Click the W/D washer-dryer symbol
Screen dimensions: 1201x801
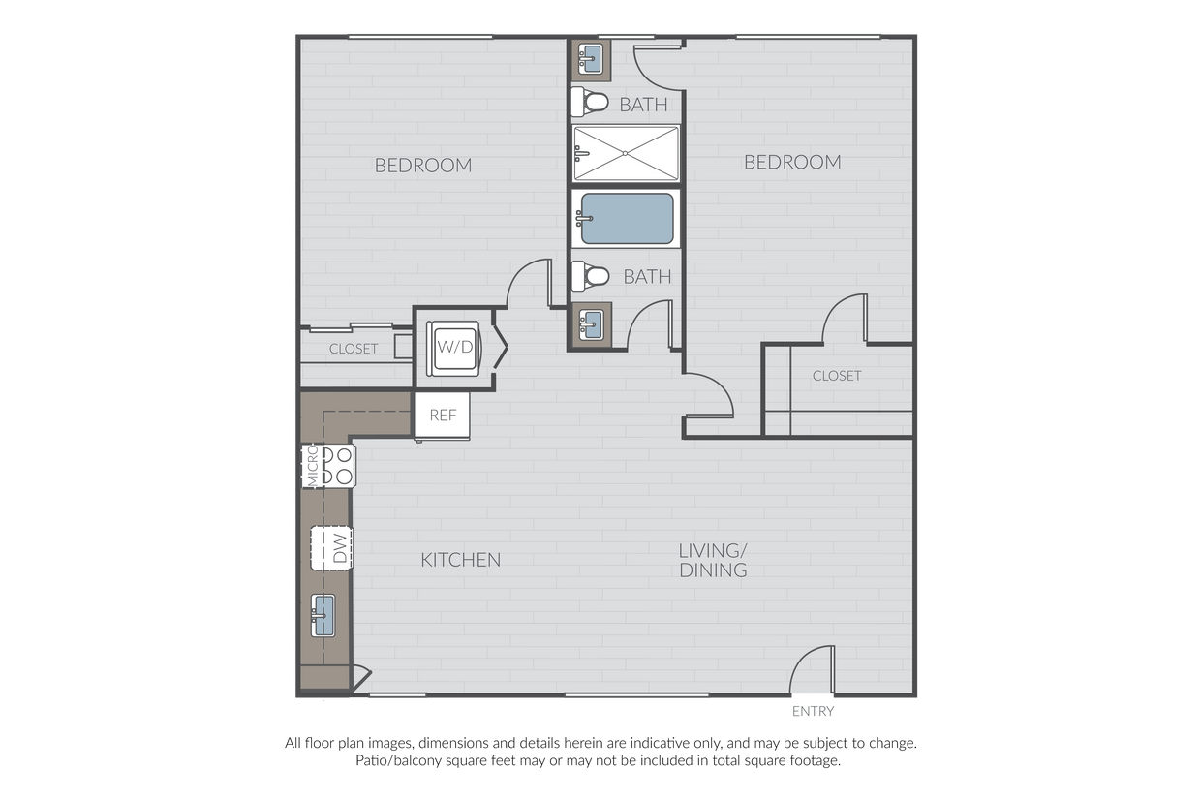click(453, 348)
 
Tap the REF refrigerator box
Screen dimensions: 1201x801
click(442, 416)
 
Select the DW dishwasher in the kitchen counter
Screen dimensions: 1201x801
click(332, 548)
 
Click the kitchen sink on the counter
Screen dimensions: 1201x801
click(323, 615)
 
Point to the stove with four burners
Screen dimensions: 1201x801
click(328, 466)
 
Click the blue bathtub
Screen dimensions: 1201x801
click(627, 219)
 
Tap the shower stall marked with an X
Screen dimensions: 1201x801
click(626, 153)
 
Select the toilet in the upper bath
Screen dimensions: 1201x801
click(590, 102)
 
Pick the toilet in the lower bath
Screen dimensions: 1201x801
click(590, 276)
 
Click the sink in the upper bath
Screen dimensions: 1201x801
click(590, 58)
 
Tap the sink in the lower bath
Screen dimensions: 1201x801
click(591, 324)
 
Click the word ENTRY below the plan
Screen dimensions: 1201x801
click(813, 712)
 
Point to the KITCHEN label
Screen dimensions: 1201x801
click(461, 560)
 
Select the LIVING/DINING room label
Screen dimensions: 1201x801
click(713, 560)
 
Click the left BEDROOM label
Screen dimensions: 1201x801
click(423, 165)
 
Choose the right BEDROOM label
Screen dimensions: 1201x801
click(792, 162)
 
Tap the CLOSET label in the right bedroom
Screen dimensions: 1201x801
click(837, 376)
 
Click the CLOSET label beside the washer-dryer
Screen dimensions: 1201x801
click(354, 349)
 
